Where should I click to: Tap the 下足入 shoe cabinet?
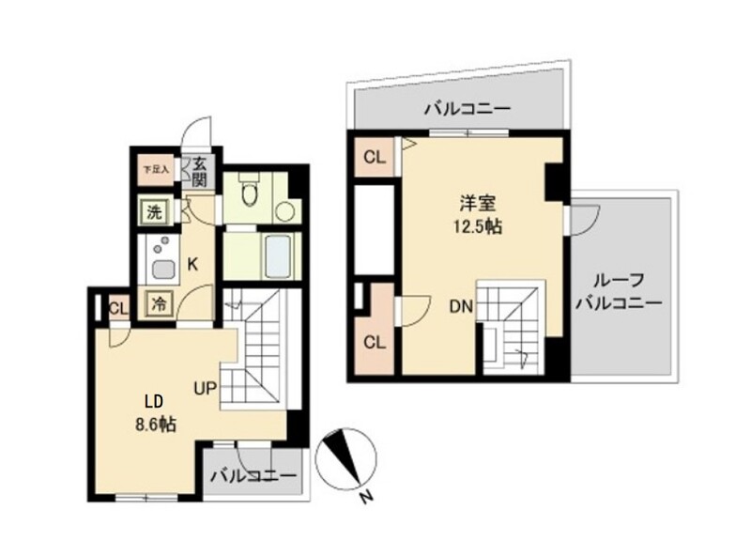point(156,171)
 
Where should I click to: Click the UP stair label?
point(207,386)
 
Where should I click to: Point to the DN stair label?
point(460,306)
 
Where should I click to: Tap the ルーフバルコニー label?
point(618,292)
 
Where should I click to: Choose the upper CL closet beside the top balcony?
point(374,157)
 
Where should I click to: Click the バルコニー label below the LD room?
point(252,474)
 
